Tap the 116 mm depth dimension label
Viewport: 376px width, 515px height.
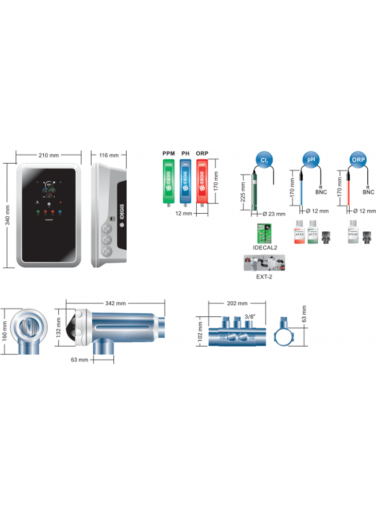click(108, 155)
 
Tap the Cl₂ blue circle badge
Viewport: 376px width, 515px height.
click(265, 160)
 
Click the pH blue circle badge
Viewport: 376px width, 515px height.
click(311, 160)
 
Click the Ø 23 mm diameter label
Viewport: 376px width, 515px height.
click(274, 213)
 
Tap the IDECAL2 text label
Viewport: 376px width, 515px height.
click(265, 248)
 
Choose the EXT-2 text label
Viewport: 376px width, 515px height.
click(265, 277)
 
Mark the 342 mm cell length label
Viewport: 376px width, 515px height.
click(115, 303)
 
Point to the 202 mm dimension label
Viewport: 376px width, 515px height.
click(237, 303)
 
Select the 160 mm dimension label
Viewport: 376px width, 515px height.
click(5, 331)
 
